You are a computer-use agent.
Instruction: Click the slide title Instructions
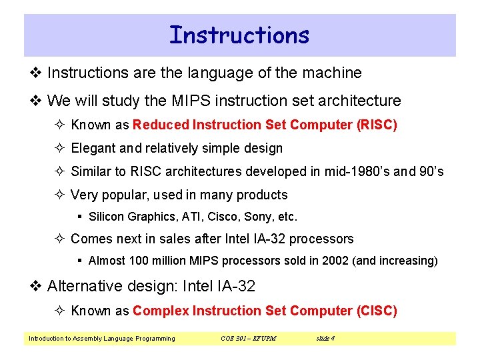coord(239,35)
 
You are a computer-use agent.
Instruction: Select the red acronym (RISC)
coord(377,125)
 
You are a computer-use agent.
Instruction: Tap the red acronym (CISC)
coord(377,311)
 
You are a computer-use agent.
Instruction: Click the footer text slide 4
coord(325,339)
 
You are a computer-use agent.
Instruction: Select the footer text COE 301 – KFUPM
coord(248,339)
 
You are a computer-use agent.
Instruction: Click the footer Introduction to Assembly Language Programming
coord(101,339)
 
